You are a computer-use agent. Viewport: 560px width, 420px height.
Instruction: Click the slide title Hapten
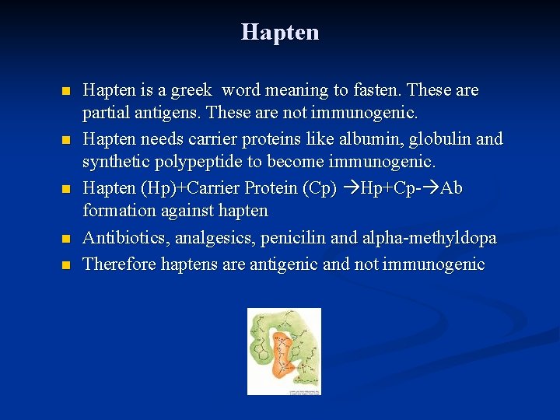280,32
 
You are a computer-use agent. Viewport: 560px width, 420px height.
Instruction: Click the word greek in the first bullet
190,91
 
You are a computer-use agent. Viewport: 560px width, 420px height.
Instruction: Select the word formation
117,211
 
